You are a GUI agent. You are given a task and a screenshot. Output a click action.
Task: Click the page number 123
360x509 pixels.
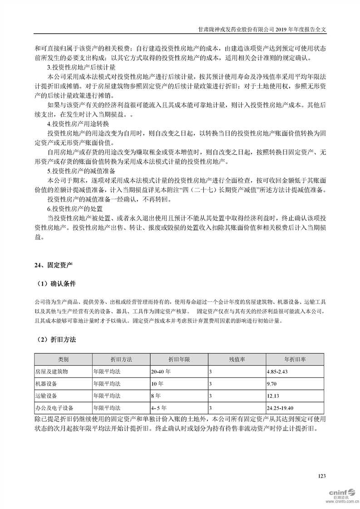click(322, 476)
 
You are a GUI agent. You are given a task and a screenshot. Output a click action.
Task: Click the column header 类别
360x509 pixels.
click(63, 359)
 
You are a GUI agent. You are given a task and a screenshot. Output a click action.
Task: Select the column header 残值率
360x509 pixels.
click(237, 359)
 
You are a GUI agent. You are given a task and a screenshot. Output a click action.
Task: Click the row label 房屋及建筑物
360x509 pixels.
click(52, 372)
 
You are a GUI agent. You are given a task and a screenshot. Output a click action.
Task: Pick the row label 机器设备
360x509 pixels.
click(46, 384)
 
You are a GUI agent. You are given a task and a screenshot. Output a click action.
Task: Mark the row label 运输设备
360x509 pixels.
click(46, 396)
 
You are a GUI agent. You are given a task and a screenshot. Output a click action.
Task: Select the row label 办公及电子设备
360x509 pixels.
click(54, 407)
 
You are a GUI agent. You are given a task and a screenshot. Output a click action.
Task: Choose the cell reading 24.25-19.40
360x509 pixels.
click(281, 407)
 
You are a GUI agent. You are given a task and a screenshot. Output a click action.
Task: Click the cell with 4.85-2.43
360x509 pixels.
click(278, 372)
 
